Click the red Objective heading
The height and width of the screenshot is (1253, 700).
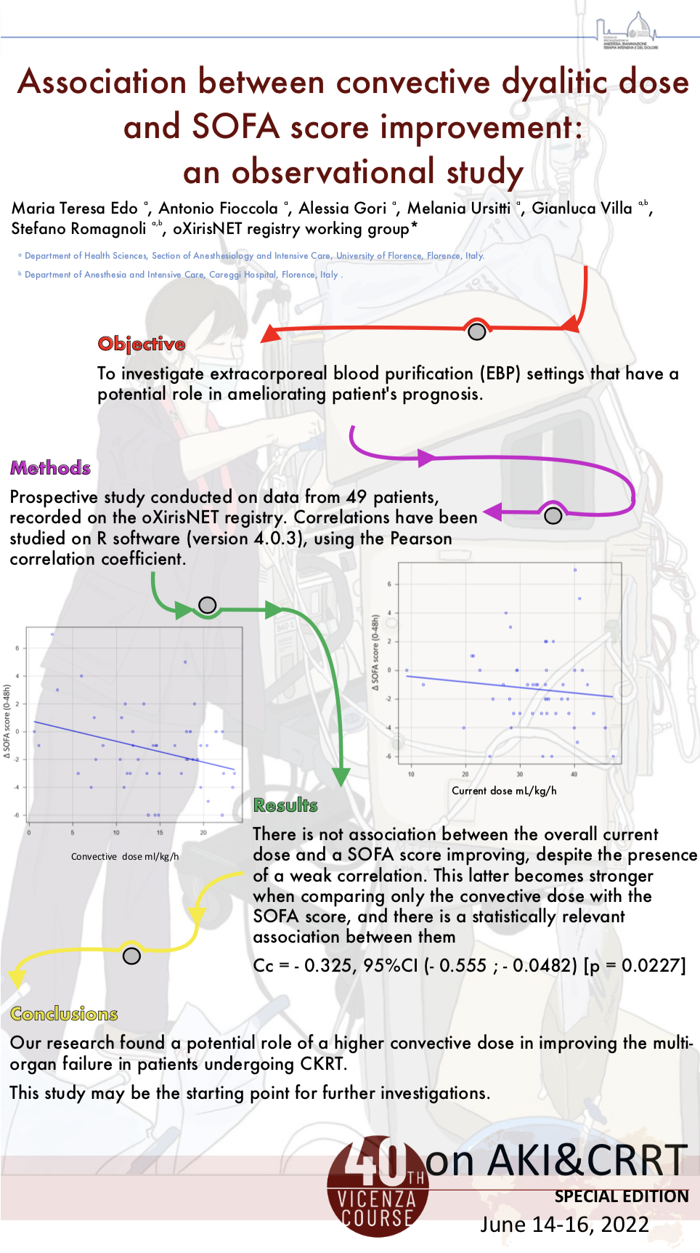click(x=142, y=344)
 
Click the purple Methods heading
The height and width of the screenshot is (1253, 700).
click(x=50, y=468)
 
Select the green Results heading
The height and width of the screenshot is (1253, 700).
click(x=285, y=805)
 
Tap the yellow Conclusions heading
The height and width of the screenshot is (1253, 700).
click(x=64, y=1014)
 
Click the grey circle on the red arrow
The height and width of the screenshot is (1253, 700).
click(x=476, y=331)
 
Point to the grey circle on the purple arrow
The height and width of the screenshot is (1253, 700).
click(x=553, y=515)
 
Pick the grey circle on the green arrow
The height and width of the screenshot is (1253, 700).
click(x=208, y=605)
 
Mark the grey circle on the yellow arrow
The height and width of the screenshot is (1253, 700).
click(x=131, y=955)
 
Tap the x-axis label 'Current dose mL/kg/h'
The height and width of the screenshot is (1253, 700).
click(x=504, y=791)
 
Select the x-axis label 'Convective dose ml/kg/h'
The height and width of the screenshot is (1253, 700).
click(x=125, y=857)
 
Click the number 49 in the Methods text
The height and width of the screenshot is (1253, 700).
click(x=357, y=497)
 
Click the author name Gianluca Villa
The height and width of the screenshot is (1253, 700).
click(x=582, y=209)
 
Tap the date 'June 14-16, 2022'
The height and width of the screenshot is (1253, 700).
click(x=564, y=1225)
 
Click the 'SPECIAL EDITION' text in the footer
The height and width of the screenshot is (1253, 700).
click(x=622, y=1196)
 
